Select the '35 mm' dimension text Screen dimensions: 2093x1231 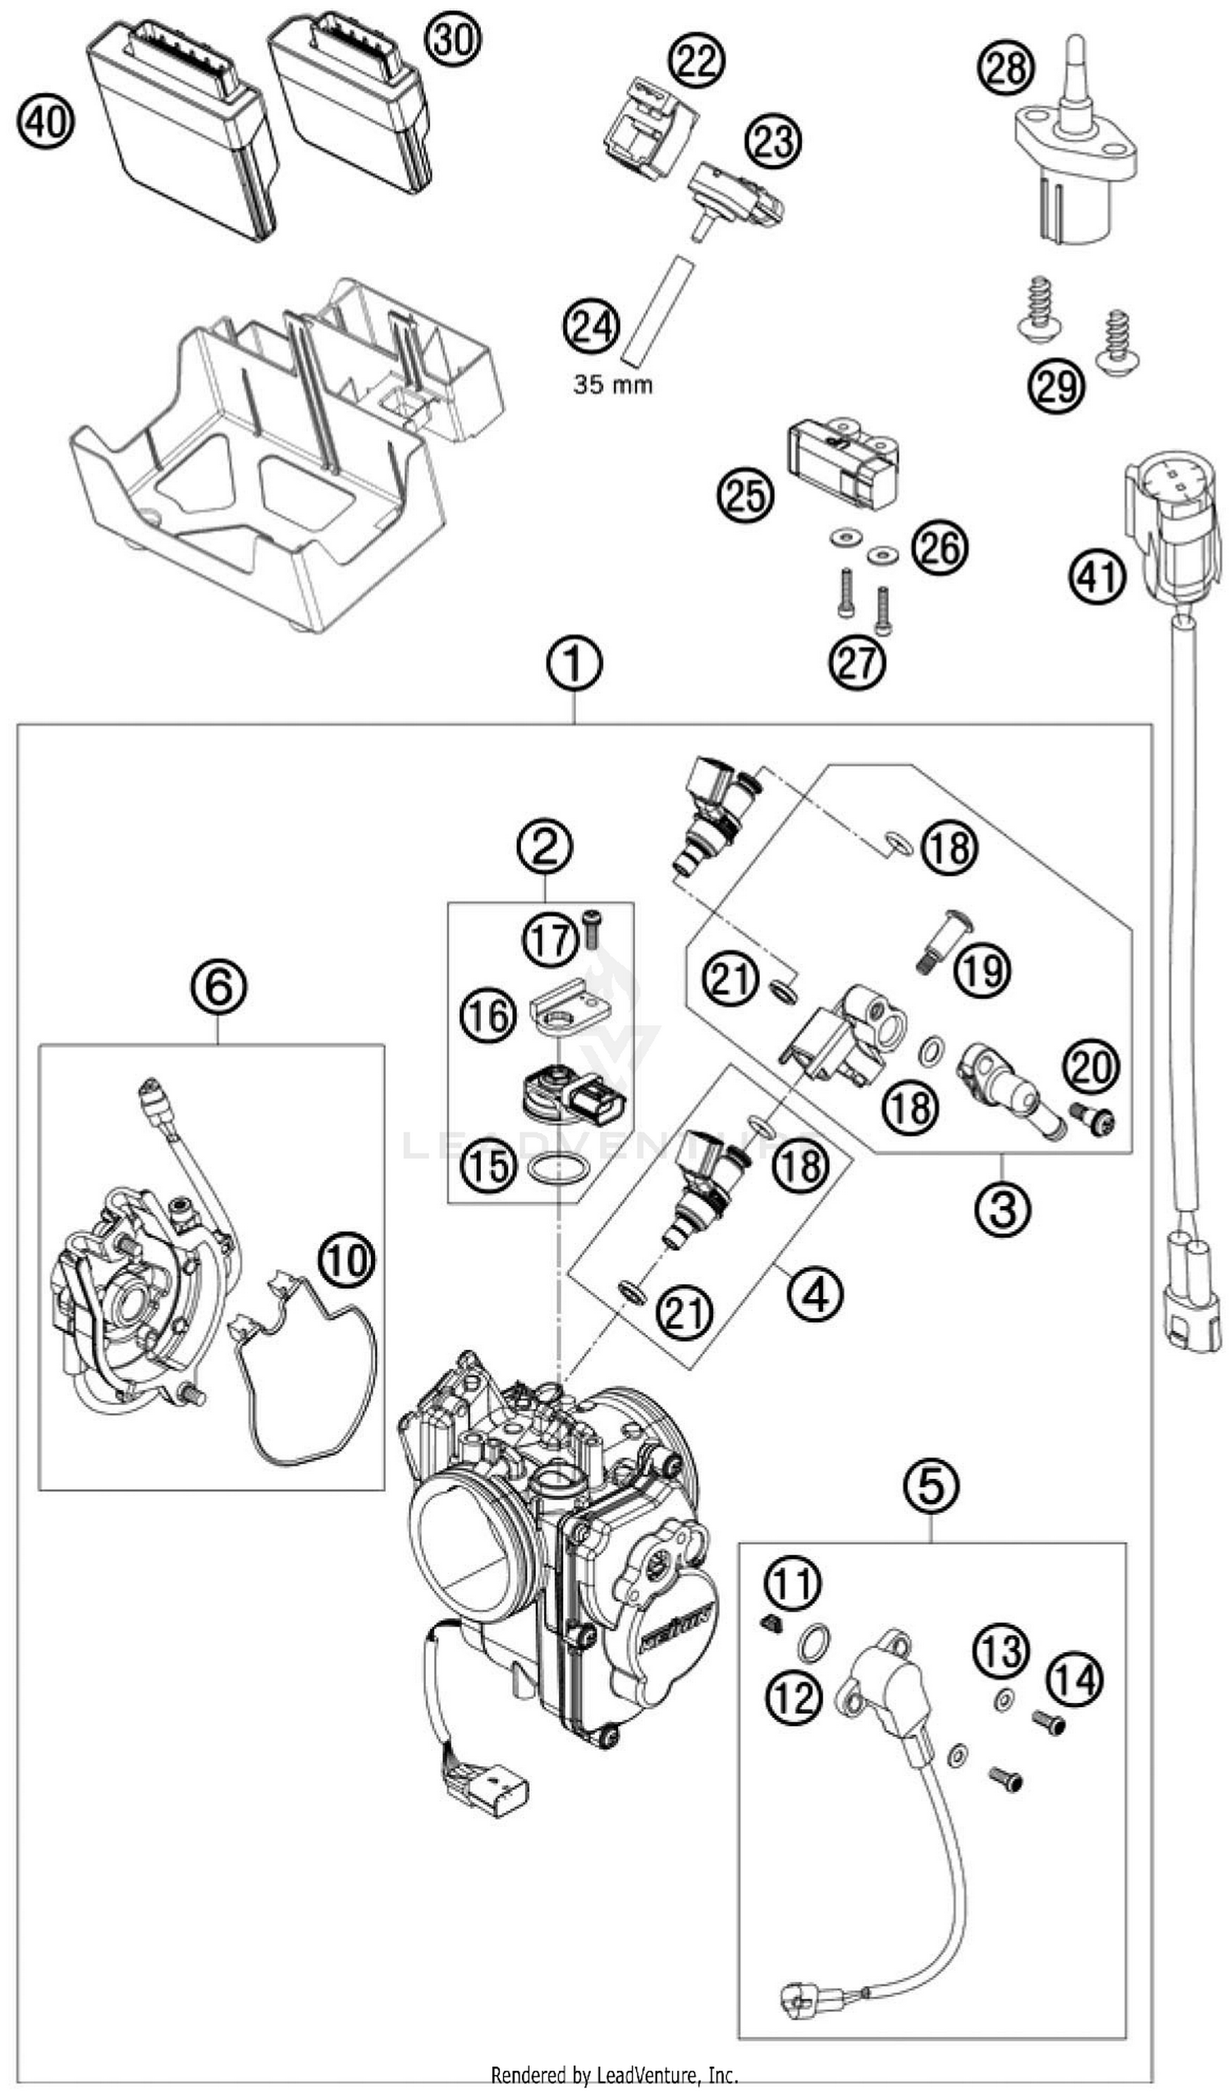[x=612, y=385]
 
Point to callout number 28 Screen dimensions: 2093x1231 [x=1005, y=69]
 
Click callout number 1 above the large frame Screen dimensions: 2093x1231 [x=574, y=663]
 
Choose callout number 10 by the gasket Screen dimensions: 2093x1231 [x=346, y=1260]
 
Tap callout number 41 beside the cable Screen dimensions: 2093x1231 [x=1096, y=576]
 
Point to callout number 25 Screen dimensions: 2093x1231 [x=745, y=496]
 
